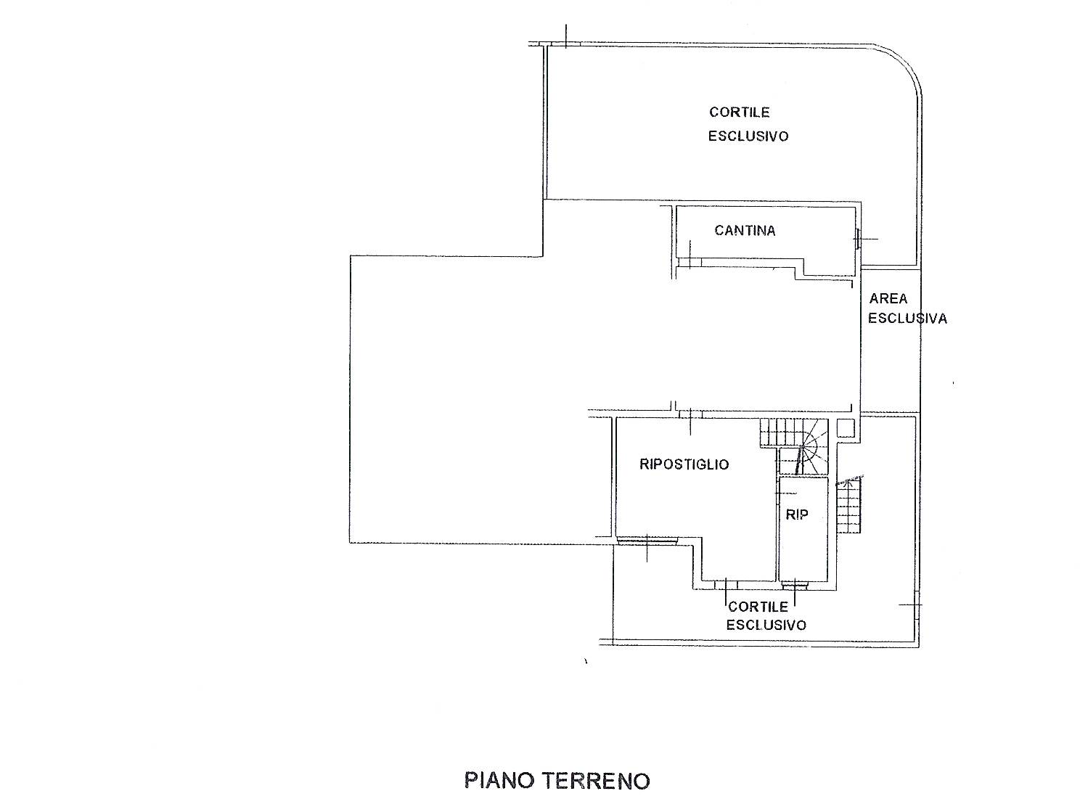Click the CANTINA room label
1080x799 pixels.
745,230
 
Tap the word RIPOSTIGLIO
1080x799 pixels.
684,464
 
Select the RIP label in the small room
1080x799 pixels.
797,515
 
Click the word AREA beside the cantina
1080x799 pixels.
888,298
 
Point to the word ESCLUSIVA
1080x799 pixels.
908,319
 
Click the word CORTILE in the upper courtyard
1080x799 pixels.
739,112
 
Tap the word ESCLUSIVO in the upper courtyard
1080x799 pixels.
748,136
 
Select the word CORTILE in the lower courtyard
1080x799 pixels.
758,607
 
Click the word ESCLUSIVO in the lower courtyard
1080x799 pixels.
766,625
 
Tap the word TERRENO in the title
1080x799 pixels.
596,781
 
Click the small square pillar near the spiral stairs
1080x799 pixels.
846,428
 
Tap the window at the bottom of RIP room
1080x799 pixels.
795,583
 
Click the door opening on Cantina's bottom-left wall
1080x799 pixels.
690,263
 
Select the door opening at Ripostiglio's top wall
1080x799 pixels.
690,414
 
